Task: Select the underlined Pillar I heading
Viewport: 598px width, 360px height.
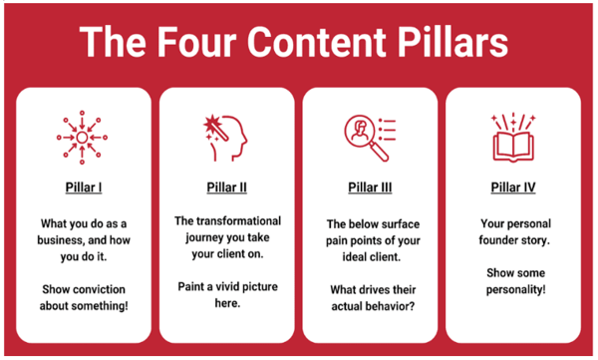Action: [x=83, y=186]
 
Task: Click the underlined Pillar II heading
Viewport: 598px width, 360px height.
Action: [x=226, y=186]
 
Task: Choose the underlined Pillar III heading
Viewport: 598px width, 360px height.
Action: [x=370, y=186]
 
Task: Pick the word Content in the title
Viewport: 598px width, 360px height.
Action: [x=321, y=43]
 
